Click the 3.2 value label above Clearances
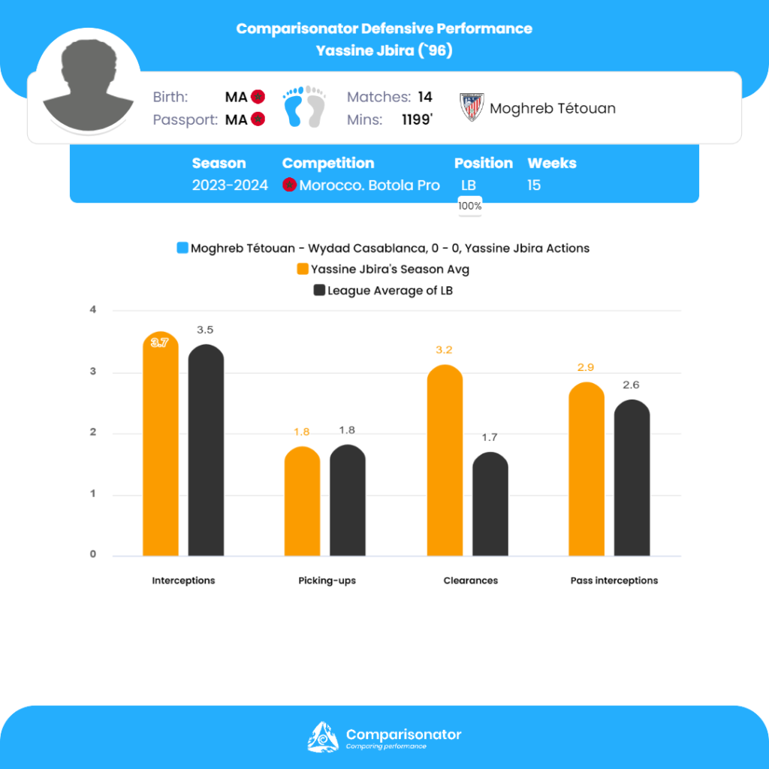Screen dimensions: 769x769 pyautogui.click(x=444, y=350)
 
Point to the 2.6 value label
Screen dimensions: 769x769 pyautogui.click(x=632, y=385)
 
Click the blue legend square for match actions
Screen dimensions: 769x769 pyautogui.click(x=182, y=248)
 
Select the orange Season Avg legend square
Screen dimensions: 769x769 pyautogui.click(x=303, y=269)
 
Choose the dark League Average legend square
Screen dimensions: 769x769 pyautogui.click(x=318, y=291)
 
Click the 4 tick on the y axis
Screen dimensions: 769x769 pyautogui.click(x=94, y=309)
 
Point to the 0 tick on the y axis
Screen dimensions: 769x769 pyautogui.click(x=94, y=555)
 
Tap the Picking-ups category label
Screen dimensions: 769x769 pyautogui.click(x=326, y=581)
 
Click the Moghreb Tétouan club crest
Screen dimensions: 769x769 pyautogui.click(x=472, y=108)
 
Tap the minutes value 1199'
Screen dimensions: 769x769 pyautogui.click(x=416, y=119)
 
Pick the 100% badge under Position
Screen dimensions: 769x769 pyautogui.click(x=470, y=206)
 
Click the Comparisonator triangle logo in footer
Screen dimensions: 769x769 pyautogui.click(x=323, y=737)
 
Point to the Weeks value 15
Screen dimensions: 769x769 pyautogui.click(x=534, y=185)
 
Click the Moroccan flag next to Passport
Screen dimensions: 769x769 pyautogui.click(x=258, y=119)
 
